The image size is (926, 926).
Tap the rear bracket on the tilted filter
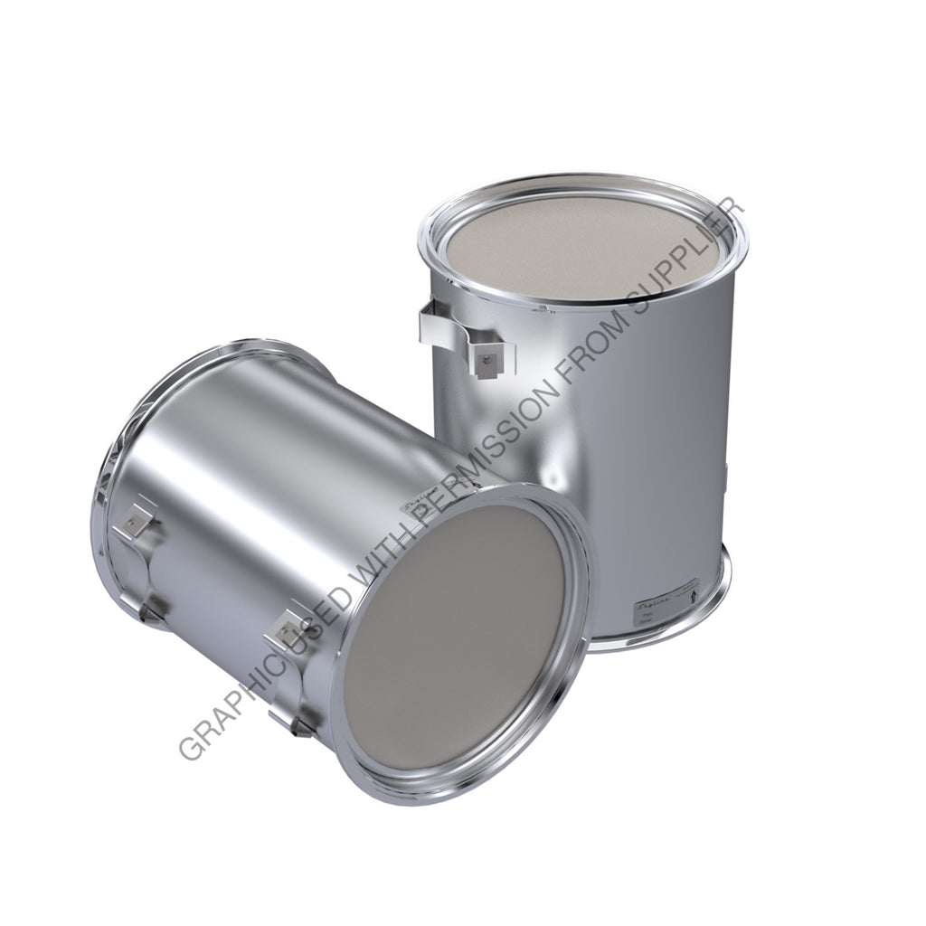click(140, 543)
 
